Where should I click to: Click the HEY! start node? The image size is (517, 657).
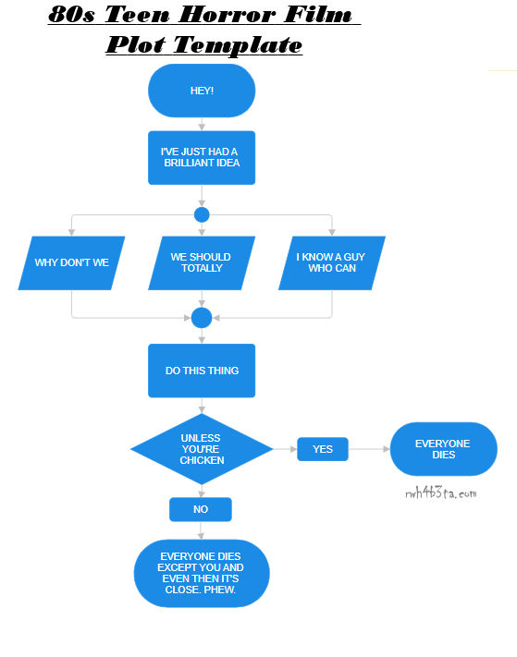pyautogui.click(x=202, y=91)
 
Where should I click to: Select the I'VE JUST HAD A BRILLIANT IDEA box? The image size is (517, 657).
pyautogui.click(x=202, y=157)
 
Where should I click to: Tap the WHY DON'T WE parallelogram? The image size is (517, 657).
pyautogui.click(x=71, y=263)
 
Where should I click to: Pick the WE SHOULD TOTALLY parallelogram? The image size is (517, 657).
pyautogui.click(x=202, y=263)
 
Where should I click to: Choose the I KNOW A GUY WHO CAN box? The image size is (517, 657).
pyautogui.click(x=332, y=263)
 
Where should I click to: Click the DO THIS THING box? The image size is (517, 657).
pyautogui.click(x=202, y=371)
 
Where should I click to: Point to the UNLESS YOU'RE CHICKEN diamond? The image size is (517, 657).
pyautogui.click(x=202, y=449)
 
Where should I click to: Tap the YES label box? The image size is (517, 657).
pyautogui.click(x=323, y=449)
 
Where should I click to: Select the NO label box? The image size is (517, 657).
pyautogui.click(x=201, y=509)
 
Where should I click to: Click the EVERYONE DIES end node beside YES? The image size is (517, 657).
pyautogui.click(x=444, y=449)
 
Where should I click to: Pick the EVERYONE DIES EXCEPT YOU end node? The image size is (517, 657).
pyautogui.click(x=202, y=573)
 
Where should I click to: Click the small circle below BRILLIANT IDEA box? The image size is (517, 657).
pyautogui.click(x=202, y=215)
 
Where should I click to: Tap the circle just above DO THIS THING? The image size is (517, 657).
pyautogui.click(x=202, y=318)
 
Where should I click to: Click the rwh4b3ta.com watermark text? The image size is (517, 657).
pyautogui.click(x=440, y=493)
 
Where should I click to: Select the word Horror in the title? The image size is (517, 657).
pyautogui.click(x=227, y=15)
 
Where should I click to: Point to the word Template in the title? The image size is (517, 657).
pyautogui.click(x=238, y=44)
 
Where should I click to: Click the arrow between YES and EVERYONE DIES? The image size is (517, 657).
pyautogui.click(x=369, y=449)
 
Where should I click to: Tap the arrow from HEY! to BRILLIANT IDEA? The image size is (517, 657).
pyautogui.click(x=202, y=124)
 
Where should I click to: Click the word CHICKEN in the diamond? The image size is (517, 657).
pyautogui.click(x=203, y=460)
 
